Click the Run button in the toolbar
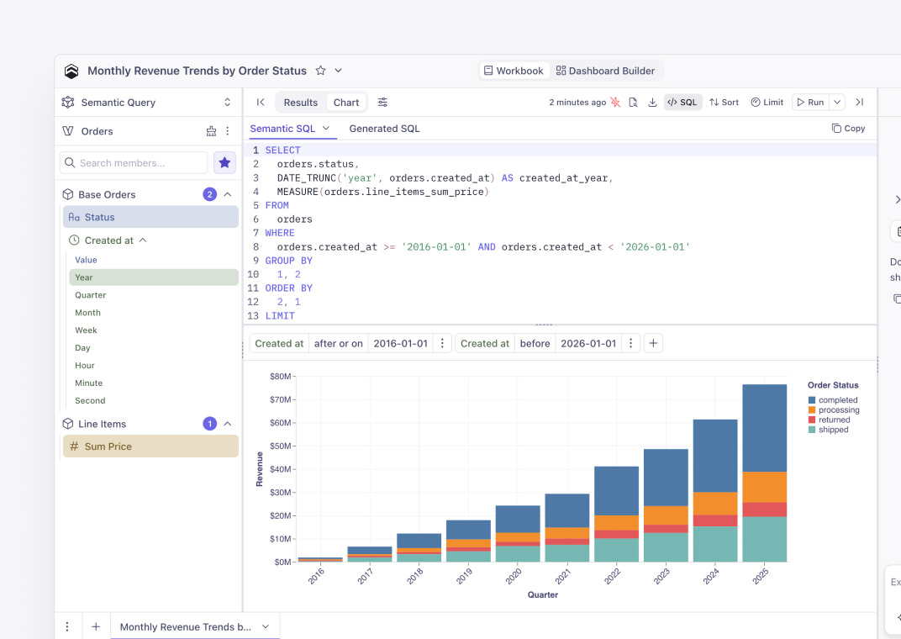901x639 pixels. [x=810, y=103]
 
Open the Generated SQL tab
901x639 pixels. [x=384, y=129]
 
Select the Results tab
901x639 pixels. [x=301, y=103]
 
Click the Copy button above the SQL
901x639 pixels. [x=848, y=128]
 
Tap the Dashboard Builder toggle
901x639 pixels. [x=605, y=71]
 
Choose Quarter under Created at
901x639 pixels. [x=90, y=295]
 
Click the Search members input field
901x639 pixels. [x=134, y=162]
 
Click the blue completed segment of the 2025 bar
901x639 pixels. [x=764, y=428]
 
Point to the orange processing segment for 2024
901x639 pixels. [x=714, y=504]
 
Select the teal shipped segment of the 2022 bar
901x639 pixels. [x=616, y=550]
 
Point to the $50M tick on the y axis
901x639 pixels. [x=282, y=446]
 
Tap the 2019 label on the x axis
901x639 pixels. [x=464, y=575]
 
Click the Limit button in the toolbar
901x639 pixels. [x=767, y=103]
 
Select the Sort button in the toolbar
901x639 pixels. [x=724, y=103]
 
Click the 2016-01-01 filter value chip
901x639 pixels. [x=401, y=344]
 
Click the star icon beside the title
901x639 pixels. [x=320, y=71]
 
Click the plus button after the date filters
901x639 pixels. [x=653, y=344]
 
